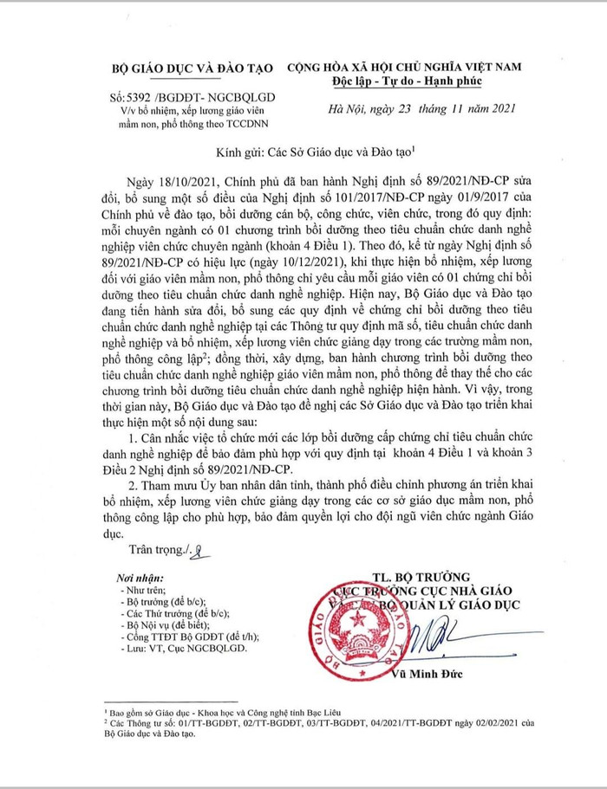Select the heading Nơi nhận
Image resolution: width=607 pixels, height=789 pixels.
tap(126, 577)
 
